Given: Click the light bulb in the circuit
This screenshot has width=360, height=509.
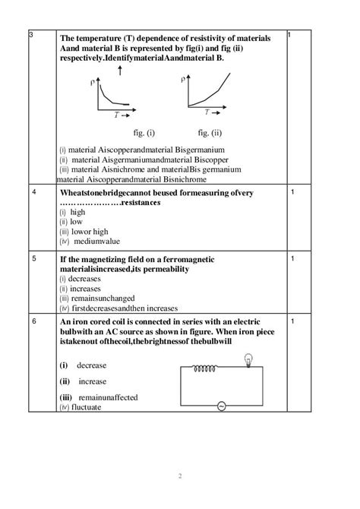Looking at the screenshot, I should (x=247, y=362).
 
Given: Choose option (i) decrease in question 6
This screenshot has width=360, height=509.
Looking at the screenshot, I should (x=83, y=365).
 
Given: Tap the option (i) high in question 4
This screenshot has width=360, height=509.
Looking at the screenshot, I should (x=73, y=212).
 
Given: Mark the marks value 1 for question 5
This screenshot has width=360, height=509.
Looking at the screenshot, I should (x=292, y=258).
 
